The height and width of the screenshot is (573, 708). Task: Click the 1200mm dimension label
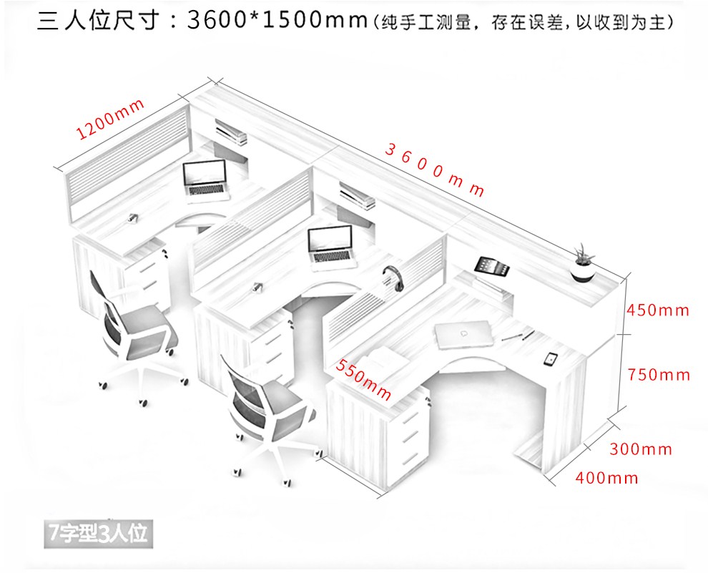[x=110, y=118]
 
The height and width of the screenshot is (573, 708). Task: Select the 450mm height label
[x=657, y=310]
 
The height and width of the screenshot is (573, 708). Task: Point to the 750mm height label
[x=658, y=374]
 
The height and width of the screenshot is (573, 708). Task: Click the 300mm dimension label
[x=641, y=449]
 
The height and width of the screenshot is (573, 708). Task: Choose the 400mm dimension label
[x=606, y=478]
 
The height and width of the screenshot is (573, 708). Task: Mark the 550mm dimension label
[x=363, y=379]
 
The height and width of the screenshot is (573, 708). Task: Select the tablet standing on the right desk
[x=492, y=265]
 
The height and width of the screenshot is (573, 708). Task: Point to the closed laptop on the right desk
[x=461, y=334]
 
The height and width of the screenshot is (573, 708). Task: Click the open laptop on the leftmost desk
[x=205, y=177]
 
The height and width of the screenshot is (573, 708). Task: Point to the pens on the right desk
[x=517, y=335]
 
